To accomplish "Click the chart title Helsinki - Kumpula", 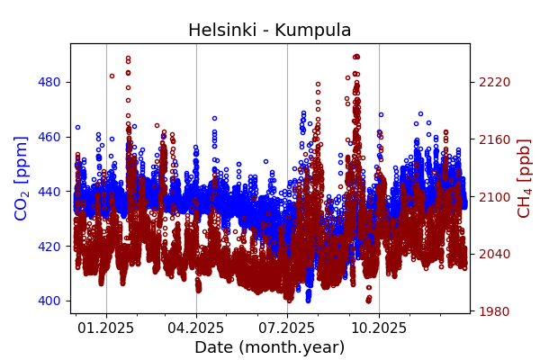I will pyautogui.click(x=269, y=31).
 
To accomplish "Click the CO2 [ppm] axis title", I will pyautogui.click(x=22, y=177).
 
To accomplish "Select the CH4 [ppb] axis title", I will pyautogui.click(x=524, y=177).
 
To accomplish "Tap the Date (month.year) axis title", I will pyautogui.click(x=269, y=347).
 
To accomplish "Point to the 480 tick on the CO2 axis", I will pyautogui.click(x=49, y=82).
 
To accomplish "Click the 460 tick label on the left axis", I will pyautogui.click(x=49, y=137).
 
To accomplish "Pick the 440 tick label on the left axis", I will pyautogui.click(x=49, y=192).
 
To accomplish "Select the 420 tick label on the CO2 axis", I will pyautogui.click(x=49, y=246).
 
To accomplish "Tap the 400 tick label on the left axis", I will pyautogui.click(x=49, y=301).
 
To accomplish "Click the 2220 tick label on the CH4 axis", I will pyautogui.click(x=494, y=82).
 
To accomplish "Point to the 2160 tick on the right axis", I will pyautogui.click(x=494, y=139).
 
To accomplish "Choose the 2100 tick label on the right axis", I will pyautogui.click(x=494, y=197).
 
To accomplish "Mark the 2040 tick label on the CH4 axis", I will pyautogui.click(x=494, y=254).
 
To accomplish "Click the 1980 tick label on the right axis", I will pyautogui.click(x=494, y=311).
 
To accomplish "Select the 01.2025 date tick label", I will pyautogui.click(x=106, y=328).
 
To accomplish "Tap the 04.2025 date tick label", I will pyautogui.click(x=196, y=328).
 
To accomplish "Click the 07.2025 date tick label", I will pyautogui.click(x=287, y=328).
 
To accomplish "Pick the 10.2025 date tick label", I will pyautogui.click(x=378, y=328).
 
